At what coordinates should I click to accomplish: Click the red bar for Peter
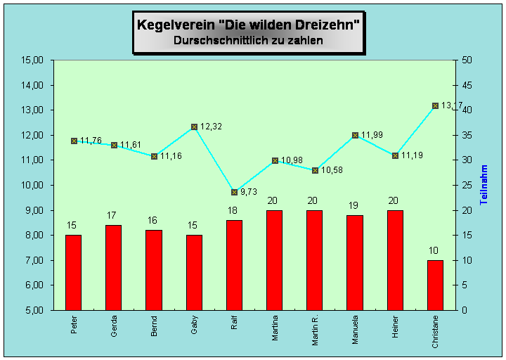(x=73, y=272)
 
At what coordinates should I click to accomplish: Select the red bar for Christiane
(x=435, y=285)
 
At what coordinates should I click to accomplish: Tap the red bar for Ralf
(x=234, y=265)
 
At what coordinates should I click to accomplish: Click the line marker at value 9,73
(x=234, y=192)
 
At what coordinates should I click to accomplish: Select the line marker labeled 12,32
(x=194, y=127)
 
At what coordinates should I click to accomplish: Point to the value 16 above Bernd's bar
(x=153, y=220)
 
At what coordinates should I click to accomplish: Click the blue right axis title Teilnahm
(x=484, y=185)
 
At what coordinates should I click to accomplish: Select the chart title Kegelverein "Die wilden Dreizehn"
(x=249, y=25)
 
